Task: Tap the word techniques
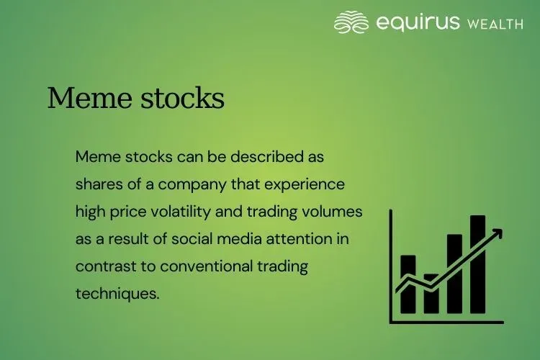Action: (x=116, y=294)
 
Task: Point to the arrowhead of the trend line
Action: (x=498, y=233)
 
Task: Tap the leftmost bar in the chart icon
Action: (x=408, y=284)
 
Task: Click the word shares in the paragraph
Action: (x=98, y=184)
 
